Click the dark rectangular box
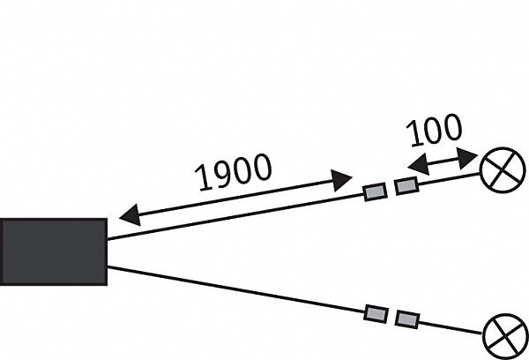pyautogui.click(x=54, y=251)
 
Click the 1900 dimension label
pyautogui.click(x=233, y=172)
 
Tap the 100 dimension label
pyautogui.click(x=434, y=131)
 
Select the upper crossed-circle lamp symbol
pyautogui.click(x=503, y=170)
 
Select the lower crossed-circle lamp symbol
pyautogui.click(x=506, y=336)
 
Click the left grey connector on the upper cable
pyautogui.click(x=376, y=191)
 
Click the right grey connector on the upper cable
pyautogui.click(x=406, y=186)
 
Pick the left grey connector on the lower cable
pyautogui.click(x=376, y=314)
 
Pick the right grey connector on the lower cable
pyautogui.click(x=407, y=319)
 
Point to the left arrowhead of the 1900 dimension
pyautogui.click(x=130, y=215)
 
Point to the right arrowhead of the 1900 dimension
pyautogui.click(x=342, y=181)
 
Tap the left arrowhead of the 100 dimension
pyautogui.click(x=418, y=164)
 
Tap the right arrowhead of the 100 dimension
pyautogui.click(x=467, y=158)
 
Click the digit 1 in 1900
pyautogui.click(x=204, y=178)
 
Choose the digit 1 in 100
pyautogui.click(x=414, y=134)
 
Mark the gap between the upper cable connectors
pyautogui.click(x=391, y=189)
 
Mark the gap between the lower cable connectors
pyautogui.click(x=392, y=317)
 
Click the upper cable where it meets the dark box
pyautogui.click(x=108, y=239)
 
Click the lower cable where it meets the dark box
pyautogui.click(x=108, y=267)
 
